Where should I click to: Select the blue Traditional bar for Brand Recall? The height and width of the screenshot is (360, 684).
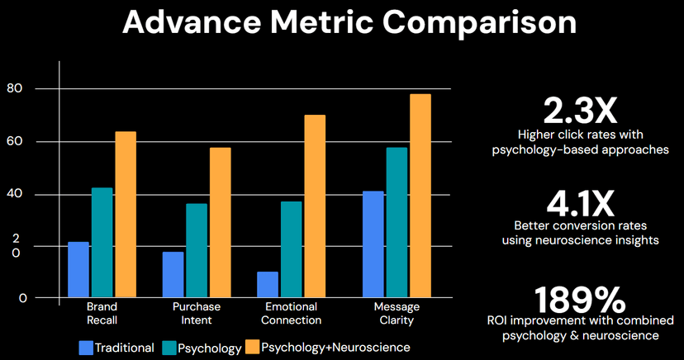pos(78,269)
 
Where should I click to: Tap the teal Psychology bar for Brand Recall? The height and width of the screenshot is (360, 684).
pos(102,243)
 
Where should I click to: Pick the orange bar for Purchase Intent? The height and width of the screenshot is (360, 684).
pos(221,222)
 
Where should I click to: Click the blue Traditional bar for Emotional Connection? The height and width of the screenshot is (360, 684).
pos(268,284)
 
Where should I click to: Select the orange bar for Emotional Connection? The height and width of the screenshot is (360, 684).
pos(315,206)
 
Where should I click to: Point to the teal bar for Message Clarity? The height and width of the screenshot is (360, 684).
pos(397,222)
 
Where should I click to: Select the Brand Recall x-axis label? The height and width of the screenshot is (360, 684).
pos(102,313)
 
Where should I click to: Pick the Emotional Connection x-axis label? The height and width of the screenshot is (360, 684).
pos(291,313)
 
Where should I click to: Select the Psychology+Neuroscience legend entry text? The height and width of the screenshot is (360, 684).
pos(335,348)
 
